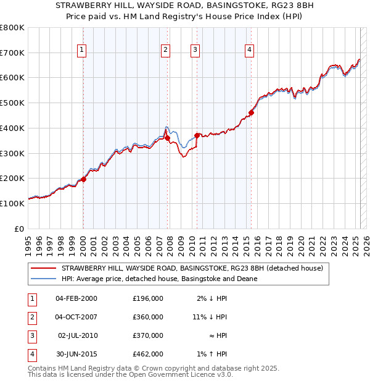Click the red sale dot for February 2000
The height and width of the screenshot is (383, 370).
tap(84, 179)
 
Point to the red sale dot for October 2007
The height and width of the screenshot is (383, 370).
tap(168, 138)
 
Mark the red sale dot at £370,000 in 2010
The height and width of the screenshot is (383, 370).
tap(197, 135)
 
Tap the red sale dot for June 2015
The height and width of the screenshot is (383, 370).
tap(251, 112)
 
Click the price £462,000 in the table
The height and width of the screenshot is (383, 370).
tap(148, 355)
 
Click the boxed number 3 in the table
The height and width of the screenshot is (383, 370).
tap(30, 336)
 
